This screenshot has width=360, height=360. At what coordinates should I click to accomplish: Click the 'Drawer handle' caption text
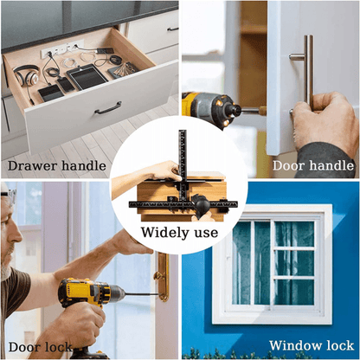(57, 166)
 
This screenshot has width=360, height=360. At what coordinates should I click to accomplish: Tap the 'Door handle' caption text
(313, 165)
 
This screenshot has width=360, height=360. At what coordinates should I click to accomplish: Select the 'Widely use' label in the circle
(179, 233)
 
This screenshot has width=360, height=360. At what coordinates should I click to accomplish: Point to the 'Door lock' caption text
(40, 347)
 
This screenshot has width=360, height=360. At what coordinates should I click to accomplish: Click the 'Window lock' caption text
(312, 345)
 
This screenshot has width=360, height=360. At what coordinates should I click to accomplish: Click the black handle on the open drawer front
(108, 108)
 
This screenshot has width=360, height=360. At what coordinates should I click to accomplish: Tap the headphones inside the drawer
(26, 74)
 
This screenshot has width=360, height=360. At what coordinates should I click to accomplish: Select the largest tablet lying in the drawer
(87, 76)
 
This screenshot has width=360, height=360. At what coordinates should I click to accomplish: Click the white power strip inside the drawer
(62, 48)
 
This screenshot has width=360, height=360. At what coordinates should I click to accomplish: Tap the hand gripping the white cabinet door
(323, 121)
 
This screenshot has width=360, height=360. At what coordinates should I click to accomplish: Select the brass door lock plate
(163, 277)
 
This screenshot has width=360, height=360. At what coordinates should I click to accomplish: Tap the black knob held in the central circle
(202, 205)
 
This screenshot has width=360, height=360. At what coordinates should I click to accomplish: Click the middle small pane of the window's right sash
(294, 263)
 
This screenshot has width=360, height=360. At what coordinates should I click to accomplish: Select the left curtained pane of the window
(251, 263)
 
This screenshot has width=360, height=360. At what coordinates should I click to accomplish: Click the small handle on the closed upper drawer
(172, 29)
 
